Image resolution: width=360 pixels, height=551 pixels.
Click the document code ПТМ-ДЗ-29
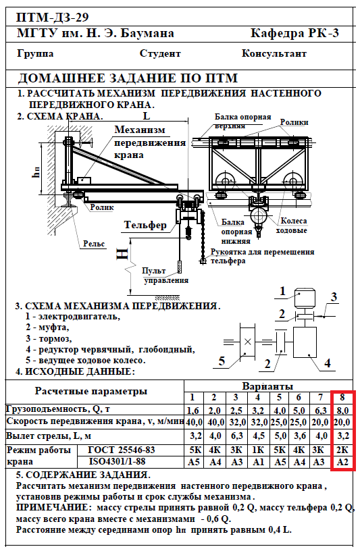(53, 17)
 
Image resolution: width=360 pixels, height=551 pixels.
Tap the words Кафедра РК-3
(294, 33)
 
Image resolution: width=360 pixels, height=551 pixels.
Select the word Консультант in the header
(274, 53)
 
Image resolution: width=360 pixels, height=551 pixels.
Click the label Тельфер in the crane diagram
(145, 225)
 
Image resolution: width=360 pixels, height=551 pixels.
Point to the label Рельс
(94, 244)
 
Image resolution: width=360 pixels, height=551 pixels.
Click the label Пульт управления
(165, 275)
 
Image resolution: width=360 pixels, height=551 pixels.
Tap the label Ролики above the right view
(294, 122)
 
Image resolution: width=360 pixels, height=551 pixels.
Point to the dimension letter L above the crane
(147, 115)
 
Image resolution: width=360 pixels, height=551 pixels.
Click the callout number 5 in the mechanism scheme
(222, 361)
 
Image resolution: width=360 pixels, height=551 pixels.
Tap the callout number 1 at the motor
(282, 291)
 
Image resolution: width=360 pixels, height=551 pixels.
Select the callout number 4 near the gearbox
(328, 363)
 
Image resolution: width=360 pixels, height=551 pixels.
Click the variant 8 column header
(342, 397)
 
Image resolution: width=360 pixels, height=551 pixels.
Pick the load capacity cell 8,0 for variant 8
(342, 410)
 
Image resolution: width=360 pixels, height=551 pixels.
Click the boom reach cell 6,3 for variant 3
(236, 436)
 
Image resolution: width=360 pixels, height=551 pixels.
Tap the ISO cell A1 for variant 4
(259, 462)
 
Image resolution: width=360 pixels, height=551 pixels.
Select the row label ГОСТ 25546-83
(122, 450)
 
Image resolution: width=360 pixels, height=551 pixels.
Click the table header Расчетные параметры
(91, 391)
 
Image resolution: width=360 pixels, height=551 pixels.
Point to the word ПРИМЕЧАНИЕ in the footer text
(52, 507)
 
